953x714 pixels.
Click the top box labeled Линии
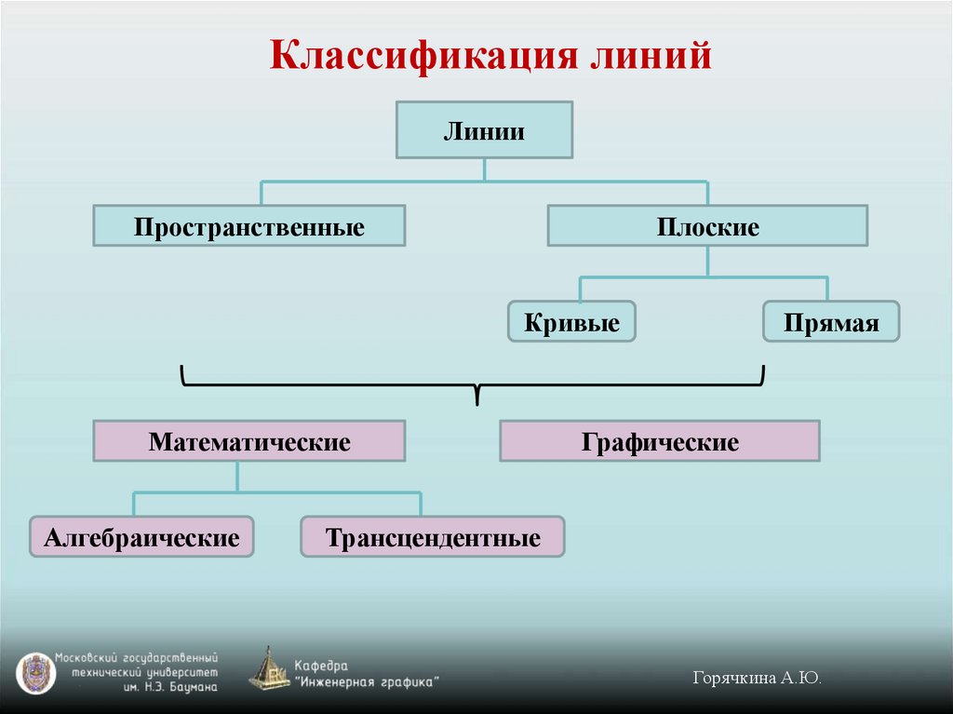tap(484, 130)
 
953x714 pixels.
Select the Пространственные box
tap(248, 226)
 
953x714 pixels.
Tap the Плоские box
tap(707, 226)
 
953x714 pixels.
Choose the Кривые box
tap(571, 322)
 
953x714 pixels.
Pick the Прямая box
tap(831, 322)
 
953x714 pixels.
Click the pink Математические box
tap(248, 441)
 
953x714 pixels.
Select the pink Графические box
tap(660, 441)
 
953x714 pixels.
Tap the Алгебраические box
tap(141, 537)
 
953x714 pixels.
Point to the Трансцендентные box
tap(433, 537)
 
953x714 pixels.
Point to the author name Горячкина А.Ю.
tap(757, 679)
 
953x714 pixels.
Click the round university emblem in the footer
tap(35, 672)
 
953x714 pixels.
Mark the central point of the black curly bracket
tap(477, 387)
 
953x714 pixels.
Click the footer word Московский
tap(88, 656)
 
